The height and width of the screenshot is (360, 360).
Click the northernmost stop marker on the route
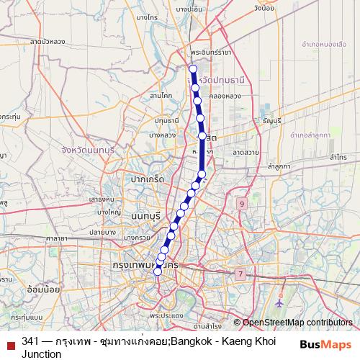click(x=192, y=69)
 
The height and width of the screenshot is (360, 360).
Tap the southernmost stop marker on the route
click(x=158, y=271)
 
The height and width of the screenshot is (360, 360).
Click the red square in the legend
click(x=9, y=342)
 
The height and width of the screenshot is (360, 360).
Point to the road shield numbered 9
click(x=241, y=204)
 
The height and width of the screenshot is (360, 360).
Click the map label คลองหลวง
click(x=222, y=95)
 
